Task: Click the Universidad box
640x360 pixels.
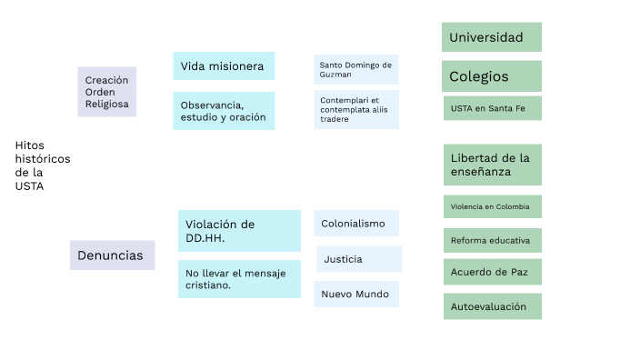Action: pos(491,37)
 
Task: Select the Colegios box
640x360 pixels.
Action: pos(491,76)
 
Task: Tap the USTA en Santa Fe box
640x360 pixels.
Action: pos(491,108)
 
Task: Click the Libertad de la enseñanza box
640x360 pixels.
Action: pos(491,165)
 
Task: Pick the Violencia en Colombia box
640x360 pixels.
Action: pos(491,206)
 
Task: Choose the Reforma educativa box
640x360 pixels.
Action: pos(491,240)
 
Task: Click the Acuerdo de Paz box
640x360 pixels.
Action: pos(491,272)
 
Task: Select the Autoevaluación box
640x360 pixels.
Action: pos(491,306)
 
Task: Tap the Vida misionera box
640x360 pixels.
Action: pos(224,66)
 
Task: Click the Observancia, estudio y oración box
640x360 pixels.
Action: pos(224,111)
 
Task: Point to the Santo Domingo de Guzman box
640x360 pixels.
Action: pos(356,70)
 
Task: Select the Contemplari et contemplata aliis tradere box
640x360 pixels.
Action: pos(356,109)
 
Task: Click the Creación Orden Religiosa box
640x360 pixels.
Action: pos(106,92)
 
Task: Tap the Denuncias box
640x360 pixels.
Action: pos(112,255)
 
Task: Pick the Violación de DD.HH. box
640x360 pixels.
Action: pos(239,231)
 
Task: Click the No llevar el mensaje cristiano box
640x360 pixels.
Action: pos(239,279)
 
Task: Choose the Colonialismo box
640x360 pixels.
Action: pos(356,224)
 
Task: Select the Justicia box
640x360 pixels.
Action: pos(359,259)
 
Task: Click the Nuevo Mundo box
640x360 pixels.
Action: pos(356,295)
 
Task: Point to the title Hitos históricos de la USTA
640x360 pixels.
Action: pos(42,165)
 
